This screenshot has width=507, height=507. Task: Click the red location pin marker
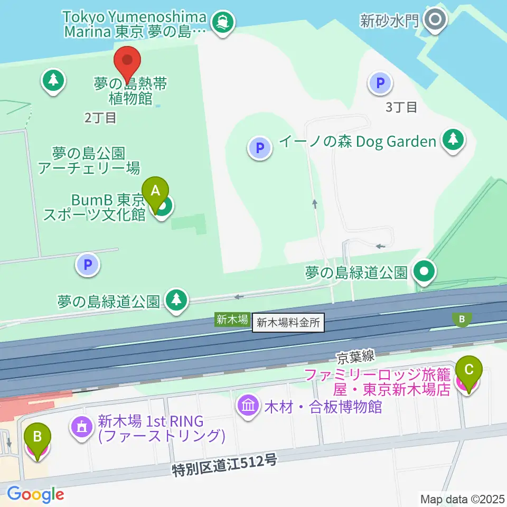tap(127, 62)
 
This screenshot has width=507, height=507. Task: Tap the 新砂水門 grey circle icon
tap(436, 21)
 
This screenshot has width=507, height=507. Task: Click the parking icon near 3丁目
tap(380, 83)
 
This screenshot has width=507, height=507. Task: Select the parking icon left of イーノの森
tap(259, 148)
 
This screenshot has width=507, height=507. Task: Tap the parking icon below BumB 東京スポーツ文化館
tap(88, 264)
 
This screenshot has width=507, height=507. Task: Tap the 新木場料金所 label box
tap(288, 322)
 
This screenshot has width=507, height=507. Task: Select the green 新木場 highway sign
tap(231, 319)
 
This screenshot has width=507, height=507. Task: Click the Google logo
tap(35, 494)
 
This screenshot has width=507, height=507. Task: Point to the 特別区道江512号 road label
tap(224, 466)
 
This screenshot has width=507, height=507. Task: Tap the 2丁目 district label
tap(100, 117)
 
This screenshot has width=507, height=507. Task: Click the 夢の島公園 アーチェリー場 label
tap(89, 161)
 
